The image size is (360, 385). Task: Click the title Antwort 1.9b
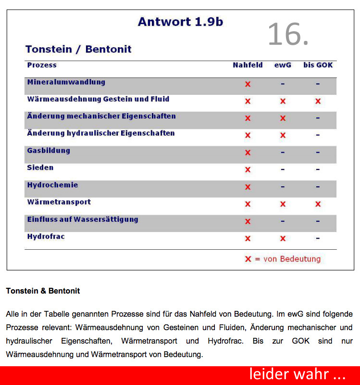(180, 22)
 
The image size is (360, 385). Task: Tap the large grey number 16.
(287, 34)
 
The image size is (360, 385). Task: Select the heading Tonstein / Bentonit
(78, 49)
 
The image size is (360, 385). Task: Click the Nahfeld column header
(248, 65)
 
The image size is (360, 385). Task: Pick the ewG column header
(283, 65)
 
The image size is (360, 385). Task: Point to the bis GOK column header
(318, 65)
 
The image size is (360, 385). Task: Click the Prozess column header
(42, 65)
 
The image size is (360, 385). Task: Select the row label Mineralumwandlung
(66, 82)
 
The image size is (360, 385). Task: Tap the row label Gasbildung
(49, 151)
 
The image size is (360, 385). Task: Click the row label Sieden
(40, 168)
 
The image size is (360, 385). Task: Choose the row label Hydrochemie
(52, 185)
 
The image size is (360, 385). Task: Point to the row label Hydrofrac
(46, 237)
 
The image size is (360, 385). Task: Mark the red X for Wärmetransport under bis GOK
(318, 204)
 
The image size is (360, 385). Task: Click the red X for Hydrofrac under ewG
(283, 238)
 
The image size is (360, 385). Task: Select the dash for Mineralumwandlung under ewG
(283, 84)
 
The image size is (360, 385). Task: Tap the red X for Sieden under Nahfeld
(248, 170)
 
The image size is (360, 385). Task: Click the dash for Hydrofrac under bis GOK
(318, 238)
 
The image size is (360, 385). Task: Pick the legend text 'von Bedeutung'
(292, 259)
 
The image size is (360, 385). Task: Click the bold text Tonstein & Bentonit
(43, 291)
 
